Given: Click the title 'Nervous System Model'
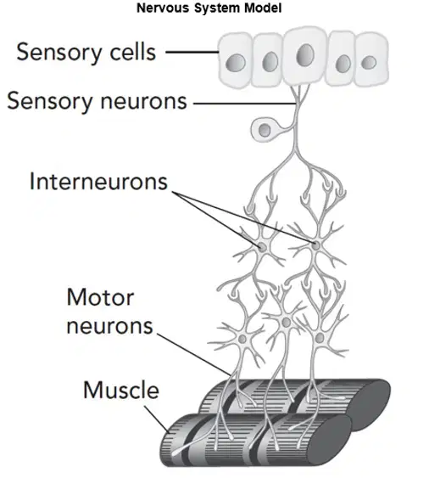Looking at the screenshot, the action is (209, 8).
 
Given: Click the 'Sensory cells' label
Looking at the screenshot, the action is (86, 53).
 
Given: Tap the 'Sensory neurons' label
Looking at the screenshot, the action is (97, 101).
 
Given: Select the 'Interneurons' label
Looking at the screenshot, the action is (98, 182).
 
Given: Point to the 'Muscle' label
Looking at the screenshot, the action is (121, 390).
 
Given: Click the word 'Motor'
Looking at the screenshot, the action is (100, 297).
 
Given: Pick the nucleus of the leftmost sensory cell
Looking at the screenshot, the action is (236, 63).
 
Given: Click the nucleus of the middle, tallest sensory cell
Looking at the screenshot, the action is (305, 55).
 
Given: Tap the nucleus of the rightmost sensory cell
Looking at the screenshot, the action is (369, 63).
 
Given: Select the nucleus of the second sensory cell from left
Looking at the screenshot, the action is (270, 62).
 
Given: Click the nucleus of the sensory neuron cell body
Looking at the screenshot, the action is (265, 131).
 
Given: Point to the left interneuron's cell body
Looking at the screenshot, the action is (262, 247).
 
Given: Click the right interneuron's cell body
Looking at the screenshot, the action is (316, 245).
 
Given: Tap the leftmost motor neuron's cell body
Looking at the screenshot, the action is (242, 339).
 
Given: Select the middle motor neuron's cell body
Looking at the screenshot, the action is (286, 322).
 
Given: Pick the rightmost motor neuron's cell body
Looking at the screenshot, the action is (320, 338).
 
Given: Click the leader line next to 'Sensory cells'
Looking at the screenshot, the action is (192, 52).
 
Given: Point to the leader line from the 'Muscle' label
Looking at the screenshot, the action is (157, 419).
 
